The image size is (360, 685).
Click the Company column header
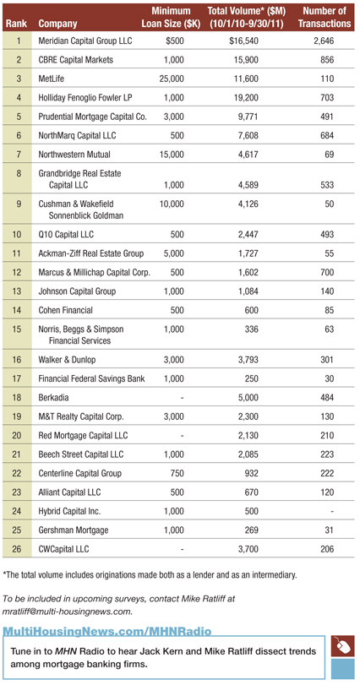point(57,24)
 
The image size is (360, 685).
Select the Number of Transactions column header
point(325,17)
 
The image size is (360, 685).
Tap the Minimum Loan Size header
point(171,17)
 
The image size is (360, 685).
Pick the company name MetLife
point(52,79)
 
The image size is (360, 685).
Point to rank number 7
point(19,155)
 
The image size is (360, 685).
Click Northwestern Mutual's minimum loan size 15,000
point(171,155)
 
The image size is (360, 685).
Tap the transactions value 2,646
point(324,41)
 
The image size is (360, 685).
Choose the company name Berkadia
point(53,398)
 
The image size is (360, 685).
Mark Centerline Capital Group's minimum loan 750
point(177,473)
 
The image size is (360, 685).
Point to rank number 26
point(19,549)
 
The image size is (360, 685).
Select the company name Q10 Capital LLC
point(66,235)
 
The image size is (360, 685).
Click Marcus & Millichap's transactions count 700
point(327,272)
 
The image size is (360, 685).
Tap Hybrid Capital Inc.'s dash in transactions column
point(332,511)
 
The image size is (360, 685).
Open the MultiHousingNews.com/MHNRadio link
point(107,631)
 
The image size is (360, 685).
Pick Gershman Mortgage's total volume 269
point(251,530)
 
